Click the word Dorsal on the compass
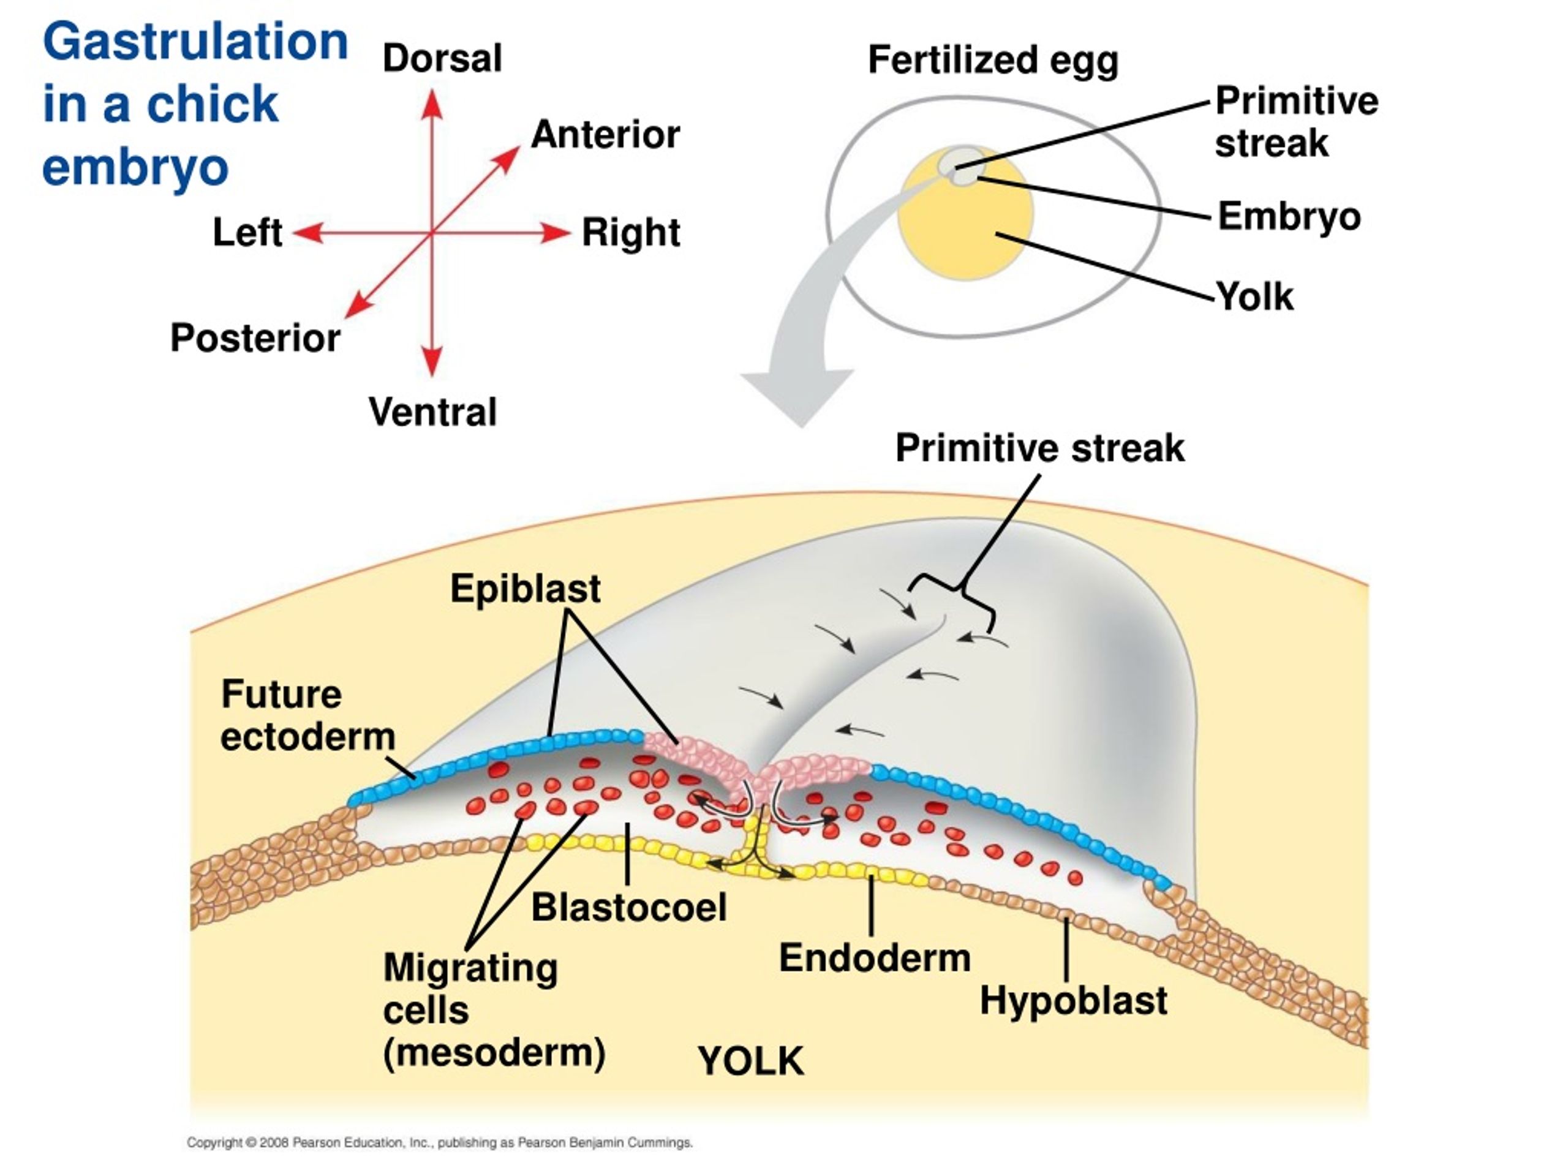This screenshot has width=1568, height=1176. click(x=442, y=58)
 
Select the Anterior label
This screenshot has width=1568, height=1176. click(x=605, y=135)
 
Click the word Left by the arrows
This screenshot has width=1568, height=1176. click(x=247, y=233)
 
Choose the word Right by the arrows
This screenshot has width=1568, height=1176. click(x=631, y=233)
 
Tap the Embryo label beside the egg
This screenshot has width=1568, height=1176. click(x=1289, y=216)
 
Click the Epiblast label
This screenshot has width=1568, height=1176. click(x=526, y=589)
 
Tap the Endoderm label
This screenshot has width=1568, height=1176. click(x=875, y=959)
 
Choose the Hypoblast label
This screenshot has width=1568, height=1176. click(x=1073, y=1001)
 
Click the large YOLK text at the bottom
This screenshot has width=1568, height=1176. click(x=752, y=1061)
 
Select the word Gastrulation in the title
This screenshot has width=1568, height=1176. click(x=195, y=41)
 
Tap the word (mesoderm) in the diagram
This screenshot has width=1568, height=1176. click(x=494, y=1053)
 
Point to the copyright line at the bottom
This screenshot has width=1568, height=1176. click(x=440, y=1143)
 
